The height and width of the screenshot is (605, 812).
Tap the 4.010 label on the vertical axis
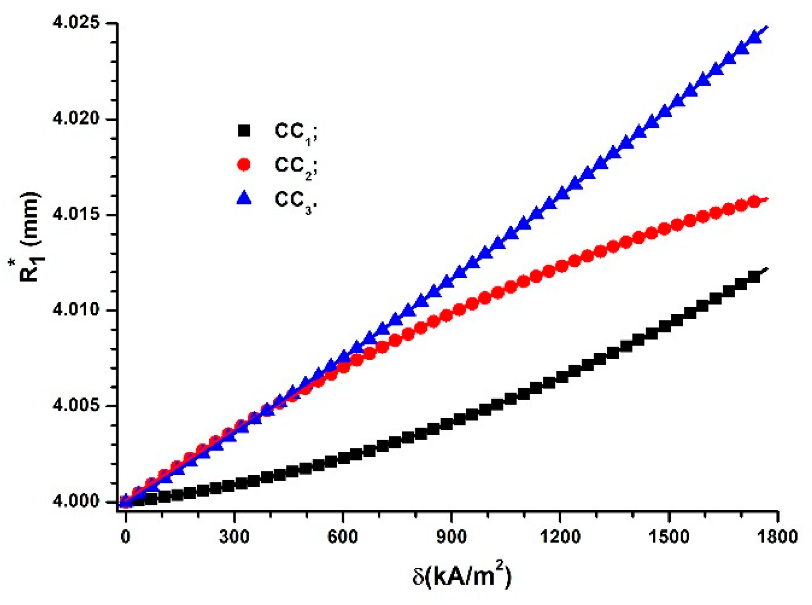(76, 310)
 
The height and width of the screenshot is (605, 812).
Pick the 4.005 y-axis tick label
(76, 405)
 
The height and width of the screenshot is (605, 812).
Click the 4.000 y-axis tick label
(76, 501)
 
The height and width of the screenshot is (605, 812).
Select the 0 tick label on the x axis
(126, 536)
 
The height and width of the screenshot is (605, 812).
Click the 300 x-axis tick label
(234, 536)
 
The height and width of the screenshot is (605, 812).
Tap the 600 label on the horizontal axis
(343, 536)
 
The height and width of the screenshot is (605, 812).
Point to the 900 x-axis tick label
(451, 536)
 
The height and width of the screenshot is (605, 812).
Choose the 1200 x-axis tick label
(559, 536)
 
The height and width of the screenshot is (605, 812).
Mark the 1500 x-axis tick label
(668, 536)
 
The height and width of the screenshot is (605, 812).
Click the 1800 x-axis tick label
(777, 536)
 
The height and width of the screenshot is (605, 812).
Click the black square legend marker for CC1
(244, 131)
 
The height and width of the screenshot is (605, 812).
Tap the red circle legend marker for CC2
(244, 165)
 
